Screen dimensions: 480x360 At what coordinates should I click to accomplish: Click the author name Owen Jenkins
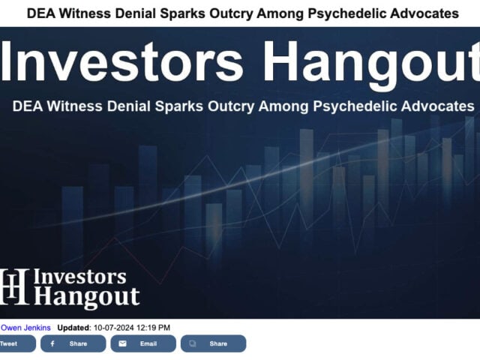(25, 328)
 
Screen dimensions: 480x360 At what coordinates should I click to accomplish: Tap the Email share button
(143, 343)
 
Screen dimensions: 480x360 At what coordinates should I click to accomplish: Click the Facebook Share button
(73, 343)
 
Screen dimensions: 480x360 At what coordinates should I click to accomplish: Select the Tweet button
(17, 343)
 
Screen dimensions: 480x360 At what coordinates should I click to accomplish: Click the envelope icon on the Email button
(122, 343)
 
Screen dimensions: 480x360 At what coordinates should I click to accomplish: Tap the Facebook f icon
(52, 343)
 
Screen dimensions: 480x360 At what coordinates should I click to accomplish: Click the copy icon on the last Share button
(193, 343)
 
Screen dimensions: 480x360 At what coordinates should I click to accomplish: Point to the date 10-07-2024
(114, 328)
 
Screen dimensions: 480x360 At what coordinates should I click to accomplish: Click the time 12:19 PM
(153, 328)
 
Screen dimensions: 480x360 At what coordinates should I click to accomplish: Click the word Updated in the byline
(73, 328)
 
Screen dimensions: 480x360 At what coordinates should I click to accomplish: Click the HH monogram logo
(14, 286)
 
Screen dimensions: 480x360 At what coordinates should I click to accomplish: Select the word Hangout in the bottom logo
(87, 297)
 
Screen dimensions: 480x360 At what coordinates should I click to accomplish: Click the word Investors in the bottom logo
(80, 277)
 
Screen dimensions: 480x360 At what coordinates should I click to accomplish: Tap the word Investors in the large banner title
(121, 61)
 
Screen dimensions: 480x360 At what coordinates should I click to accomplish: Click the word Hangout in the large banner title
(371, 65)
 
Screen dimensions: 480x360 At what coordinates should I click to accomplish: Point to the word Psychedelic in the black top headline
(346, 13)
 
